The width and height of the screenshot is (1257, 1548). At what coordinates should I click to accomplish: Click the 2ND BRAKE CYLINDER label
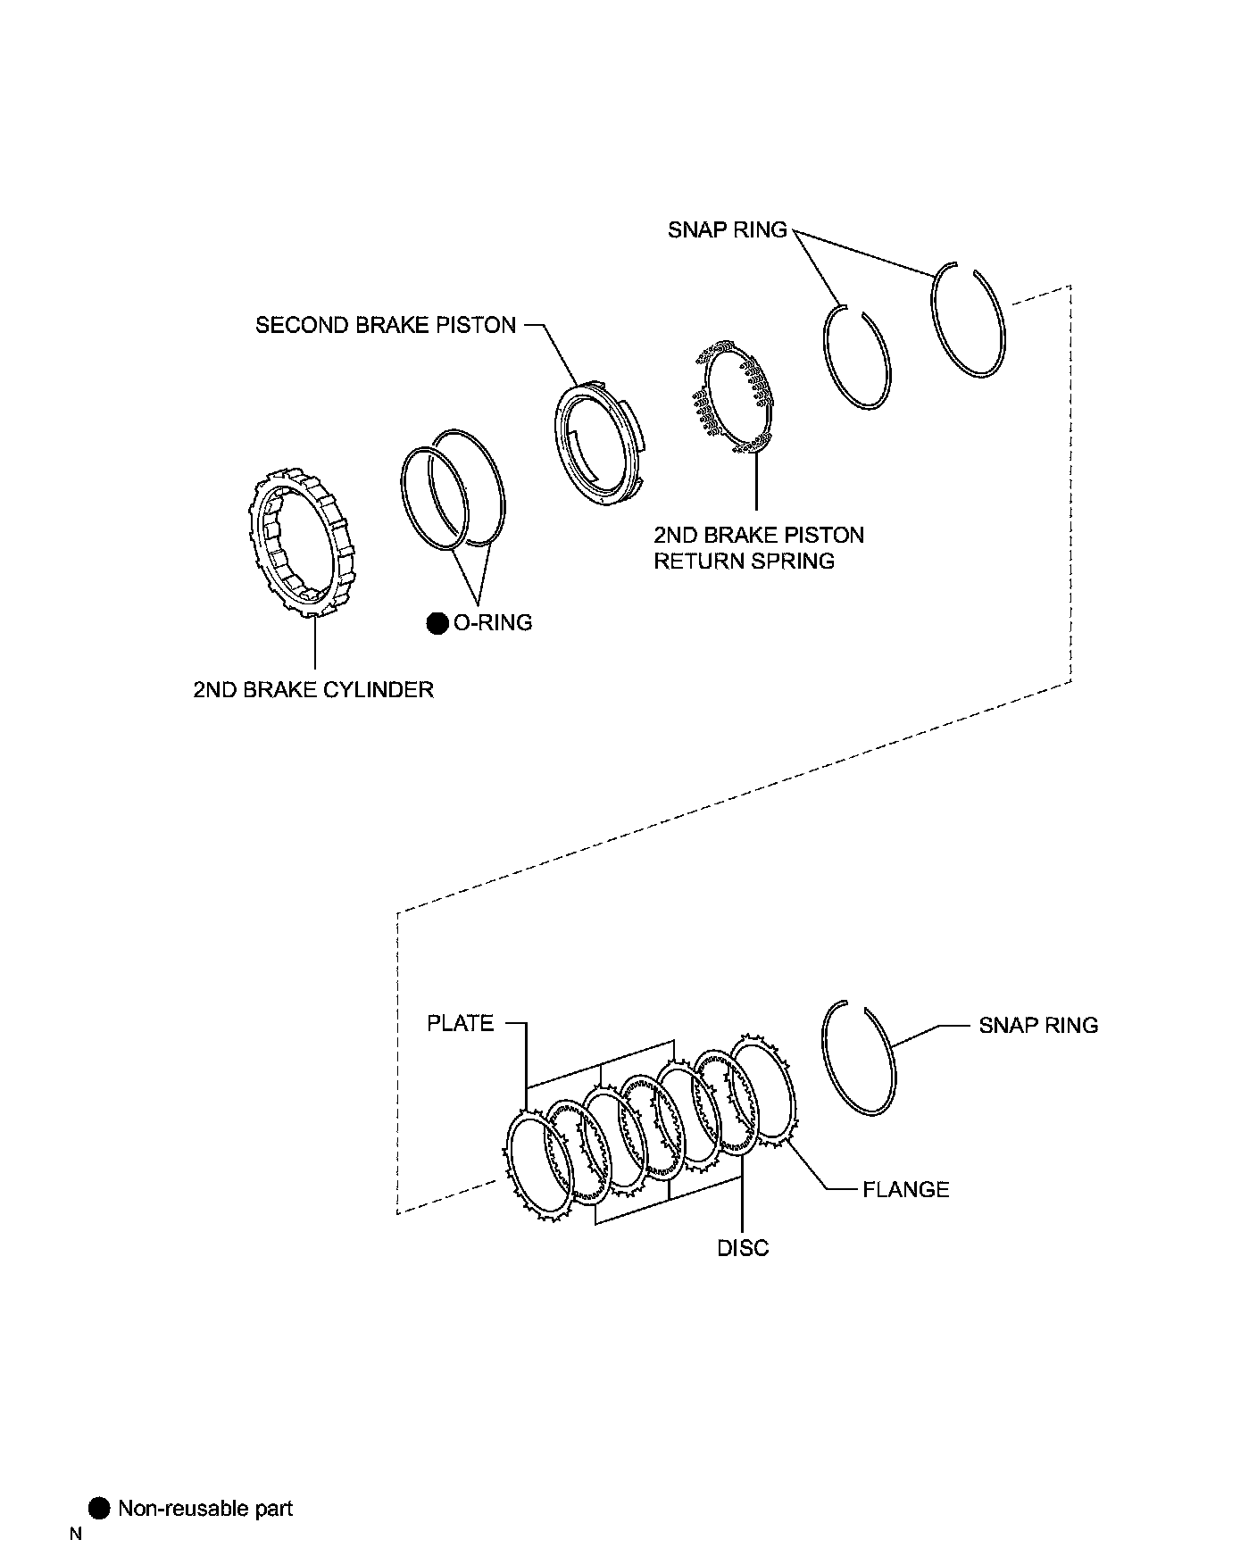click(313, 689)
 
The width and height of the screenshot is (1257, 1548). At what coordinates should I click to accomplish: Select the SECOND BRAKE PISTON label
click(386, 325)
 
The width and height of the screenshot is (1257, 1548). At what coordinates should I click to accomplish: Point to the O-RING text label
click(493, 622)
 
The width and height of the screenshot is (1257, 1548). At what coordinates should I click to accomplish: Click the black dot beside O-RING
click(437, 623)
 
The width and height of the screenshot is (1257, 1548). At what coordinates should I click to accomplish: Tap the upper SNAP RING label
click(728, 229)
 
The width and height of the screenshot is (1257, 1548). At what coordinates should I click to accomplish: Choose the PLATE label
click(461, 1023)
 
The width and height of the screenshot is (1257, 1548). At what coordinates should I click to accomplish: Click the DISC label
click(743, 1248)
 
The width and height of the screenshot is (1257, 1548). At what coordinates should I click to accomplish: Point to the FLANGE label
click(905, 1189)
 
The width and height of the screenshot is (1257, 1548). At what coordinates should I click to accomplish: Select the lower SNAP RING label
click(1038, 1025)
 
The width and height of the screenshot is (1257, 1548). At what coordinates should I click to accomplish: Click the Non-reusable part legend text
click(205, 1509)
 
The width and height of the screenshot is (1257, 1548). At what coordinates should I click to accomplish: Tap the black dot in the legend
click(100, 1509)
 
